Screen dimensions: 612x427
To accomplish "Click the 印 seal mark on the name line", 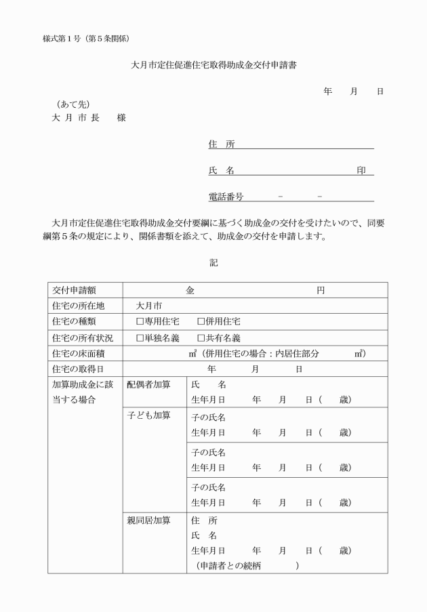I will pos(361,171).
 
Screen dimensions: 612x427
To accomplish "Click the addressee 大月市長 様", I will pos(88,117).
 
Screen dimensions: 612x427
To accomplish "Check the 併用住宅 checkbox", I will pos(201,321).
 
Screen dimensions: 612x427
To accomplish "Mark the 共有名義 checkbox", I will pos(201,338).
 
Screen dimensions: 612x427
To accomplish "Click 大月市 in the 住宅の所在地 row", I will pos(149,306).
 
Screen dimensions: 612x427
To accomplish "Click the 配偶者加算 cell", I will pos(148,385).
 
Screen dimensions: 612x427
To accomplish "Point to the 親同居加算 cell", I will pos(148,521).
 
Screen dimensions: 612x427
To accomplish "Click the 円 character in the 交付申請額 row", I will pos(321,290).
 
